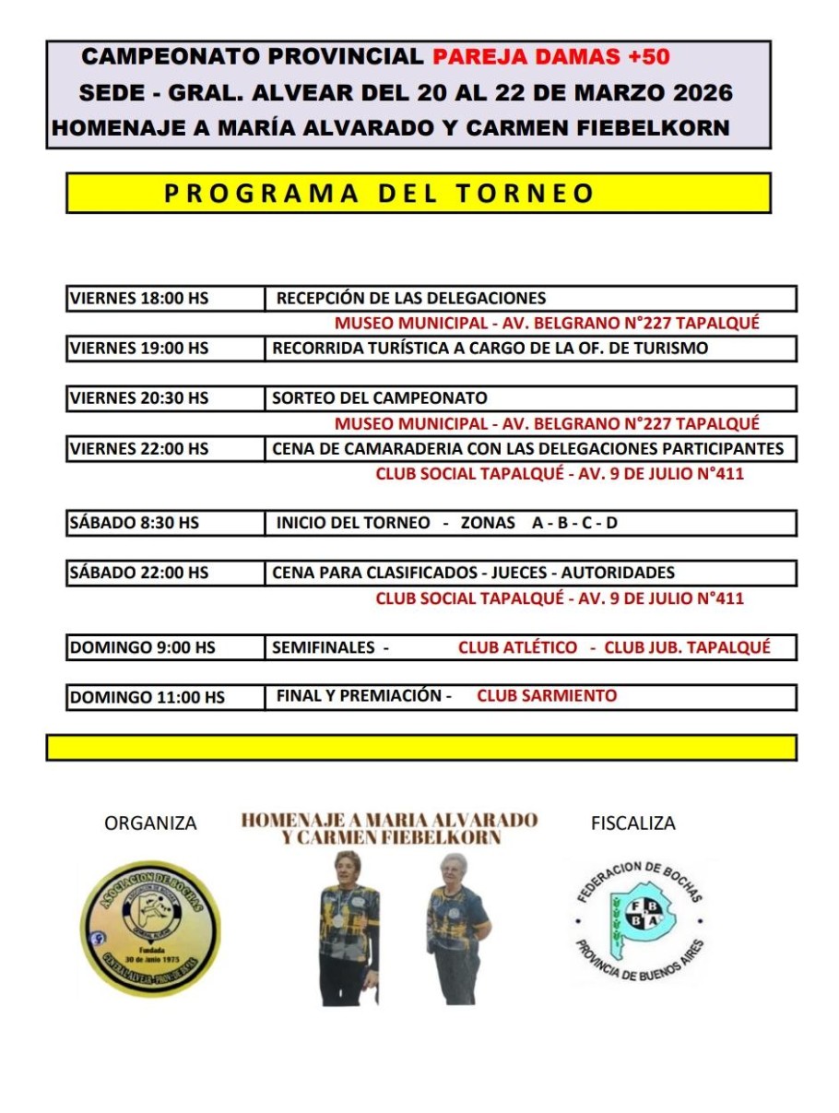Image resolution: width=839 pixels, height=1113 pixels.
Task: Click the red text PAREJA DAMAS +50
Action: [x=551, y=56]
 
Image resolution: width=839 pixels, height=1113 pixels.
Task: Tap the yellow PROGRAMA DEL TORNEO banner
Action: [x=418, y=193]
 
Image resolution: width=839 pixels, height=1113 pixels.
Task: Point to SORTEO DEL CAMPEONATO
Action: [x=380, y=398]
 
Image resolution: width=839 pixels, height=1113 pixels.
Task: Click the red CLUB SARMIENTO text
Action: [x=547, y=696]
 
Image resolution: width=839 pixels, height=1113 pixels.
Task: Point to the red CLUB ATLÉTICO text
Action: [x=518, y=647]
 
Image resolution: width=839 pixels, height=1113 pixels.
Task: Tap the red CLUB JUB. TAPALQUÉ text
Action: [x=687, y=647]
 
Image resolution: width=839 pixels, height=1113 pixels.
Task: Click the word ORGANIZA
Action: [x=150, y=823]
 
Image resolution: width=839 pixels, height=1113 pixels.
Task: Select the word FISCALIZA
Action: [x=633, y=823]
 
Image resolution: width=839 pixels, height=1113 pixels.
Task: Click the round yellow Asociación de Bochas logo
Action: [x=150, y=929]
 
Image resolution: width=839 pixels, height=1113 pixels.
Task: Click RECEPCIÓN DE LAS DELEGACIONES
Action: [x=411, y=298]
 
